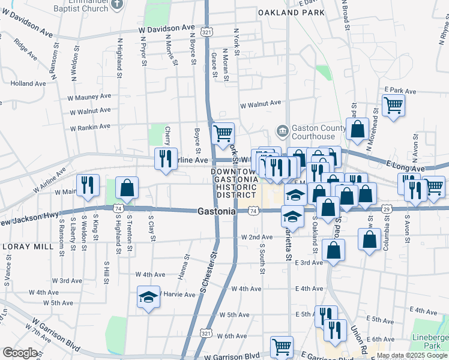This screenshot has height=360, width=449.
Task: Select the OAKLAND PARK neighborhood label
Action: coord(287,12)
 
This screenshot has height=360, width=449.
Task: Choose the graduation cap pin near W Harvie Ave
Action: coord(148,298)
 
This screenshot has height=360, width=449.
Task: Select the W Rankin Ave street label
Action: coord(90,127)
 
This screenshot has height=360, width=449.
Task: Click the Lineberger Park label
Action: coord(431,341)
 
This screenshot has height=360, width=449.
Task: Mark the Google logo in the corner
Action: coord(20,352)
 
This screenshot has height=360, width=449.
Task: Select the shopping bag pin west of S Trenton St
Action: coord(127,188)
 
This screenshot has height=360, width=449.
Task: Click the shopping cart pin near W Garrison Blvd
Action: coord(282,346)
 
